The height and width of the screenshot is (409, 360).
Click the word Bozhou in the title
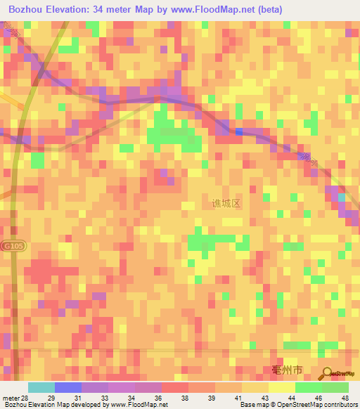(27, 10)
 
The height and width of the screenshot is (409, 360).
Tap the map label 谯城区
(226, 203)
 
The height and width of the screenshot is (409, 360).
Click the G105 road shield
(11, 247)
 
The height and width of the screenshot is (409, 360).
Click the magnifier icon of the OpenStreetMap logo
(327, 375)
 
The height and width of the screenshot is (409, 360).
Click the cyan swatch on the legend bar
(41, 387)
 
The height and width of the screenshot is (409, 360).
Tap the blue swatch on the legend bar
(67, 387)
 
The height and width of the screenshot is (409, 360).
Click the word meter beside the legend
(10, 398)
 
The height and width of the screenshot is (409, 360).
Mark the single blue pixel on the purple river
(240, 131)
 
